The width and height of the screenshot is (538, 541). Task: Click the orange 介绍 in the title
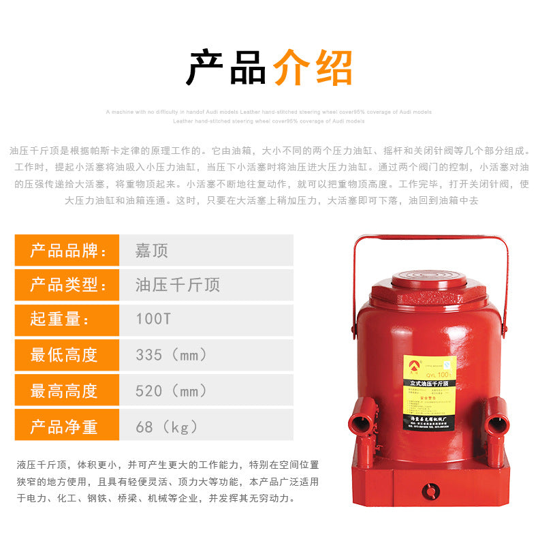pyautogui.click(x=313, y=67)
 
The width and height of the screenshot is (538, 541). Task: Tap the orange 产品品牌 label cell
pyautogui.click(x=67, y=250)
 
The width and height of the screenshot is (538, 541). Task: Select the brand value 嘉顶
pyautogui.click(x=151, y=250)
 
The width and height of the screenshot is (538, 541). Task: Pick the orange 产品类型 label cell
pyautogui.click(x=67, y=285)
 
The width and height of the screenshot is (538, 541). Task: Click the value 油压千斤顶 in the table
pyautogui.click(x=177, y=285)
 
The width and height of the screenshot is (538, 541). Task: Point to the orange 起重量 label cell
pyautogui.click(x=67, y=320)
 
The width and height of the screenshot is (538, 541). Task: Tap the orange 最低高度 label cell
pyautogui.click(x=67, y=355)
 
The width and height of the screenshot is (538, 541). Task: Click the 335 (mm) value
pyautogui.click(x=171, y=355)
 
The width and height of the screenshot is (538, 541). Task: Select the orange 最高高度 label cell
pyautogui.click(x=67, y=391)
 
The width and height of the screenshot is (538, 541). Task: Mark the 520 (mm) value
pyautogui.click(x=171, y=391)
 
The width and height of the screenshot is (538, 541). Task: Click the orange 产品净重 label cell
pyautogui.click(x=67, y=427)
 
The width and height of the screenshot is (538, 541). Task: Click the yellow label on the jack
pyautogui.click(x=429, y=392)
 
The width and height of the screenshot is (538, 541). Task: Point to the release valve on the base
pyautogui.click(x=430, y=491)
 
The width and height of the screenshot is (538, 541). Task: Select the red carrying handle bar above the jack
pyautogui.click(x=429, y=238)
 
